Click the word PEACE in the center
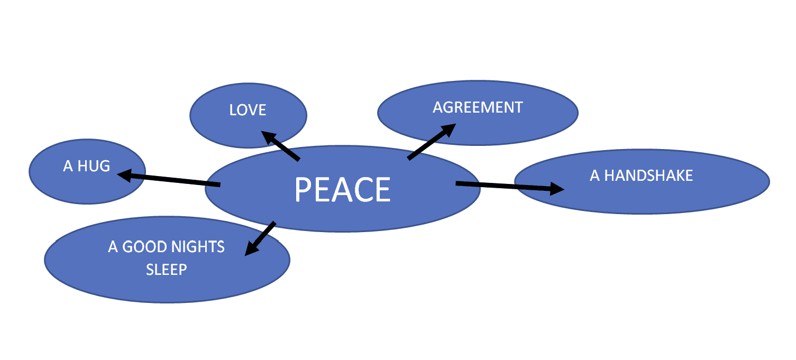[342, 189]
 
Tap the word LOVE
[248, 110]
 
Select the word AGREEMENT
[478, 107]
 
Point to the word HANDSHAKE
[648, 176]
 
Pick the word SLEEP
[167, 269]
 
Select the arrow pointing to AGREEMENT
[432, 142]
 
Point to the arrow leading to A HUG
[169, 179]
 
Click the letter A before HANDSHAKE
[594, 176]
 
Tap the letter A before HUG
[68, 166]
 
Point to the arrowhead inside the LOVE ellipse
[269, 136]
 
